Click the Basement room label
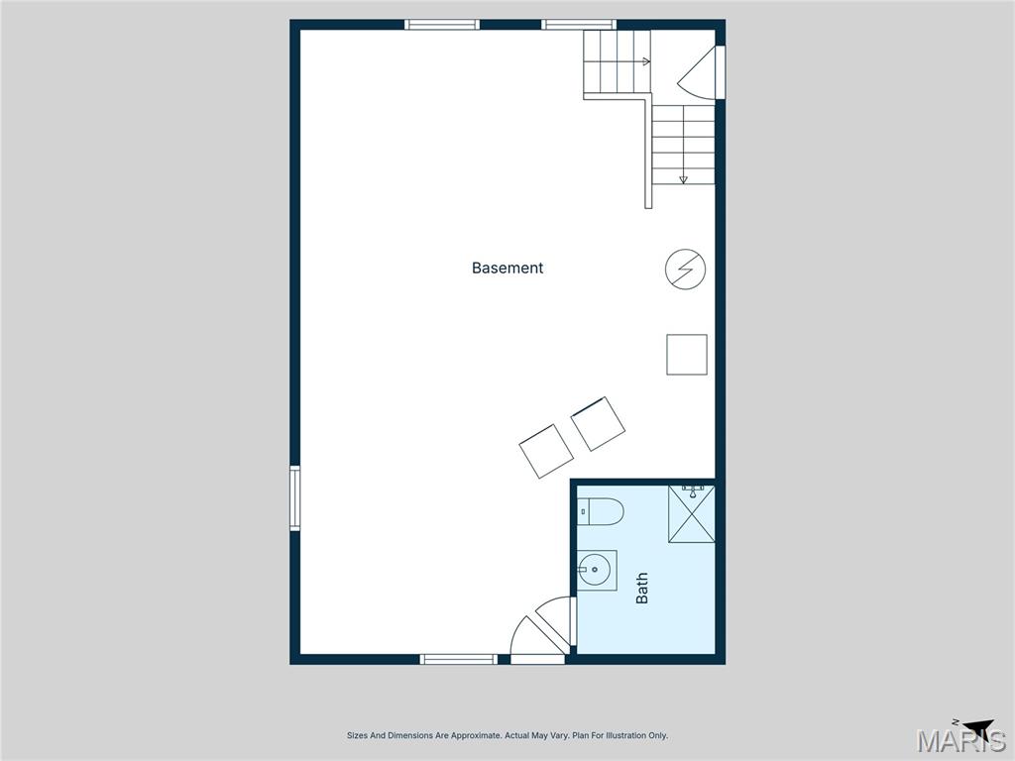coord(507,268)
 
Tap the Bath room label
coord(642,589)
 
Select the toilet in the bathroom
coord(602,511)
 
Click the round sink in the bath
coord(596,570)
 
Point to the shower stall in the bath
coord(691,514)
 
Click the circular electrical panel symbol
coord(685,270)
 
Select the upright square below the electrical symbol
coord(687,355)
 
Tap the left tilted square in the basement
coord(546,451)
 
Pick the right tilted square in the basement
coord(599,424)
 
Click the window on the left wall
coord(294,497)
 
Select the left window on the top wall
coord(442,25)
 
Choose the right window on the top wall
coord(578,25)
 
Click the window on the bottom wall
coord(458,659)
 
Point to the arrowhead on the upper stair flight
coord(646,61)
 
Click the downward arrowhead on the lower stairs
coord(683,179)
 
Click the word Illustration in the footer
coord(623,736)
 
